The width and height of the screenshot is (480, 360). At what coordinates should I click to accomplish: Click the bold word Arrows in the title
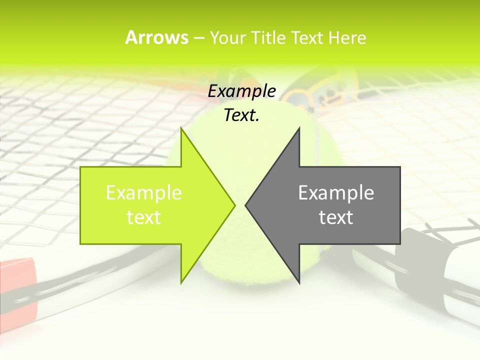(x=156, y=37)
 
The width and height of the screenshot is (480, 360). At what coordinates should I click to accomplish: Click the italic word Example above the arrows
(x=241, y=91)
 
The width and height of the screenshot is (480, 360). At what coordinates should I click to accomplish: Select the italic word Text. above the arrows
(x=241, y=115)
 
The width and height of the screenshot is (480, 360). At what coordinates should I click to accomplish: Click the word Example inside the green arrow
(x=144, y=192)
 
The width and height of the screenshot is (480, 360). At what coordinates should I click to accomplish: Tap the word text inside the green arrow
(x=144, y=217)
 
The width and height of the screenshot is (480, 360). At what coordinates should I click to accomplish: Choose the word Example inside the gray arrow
(x=336, y=192)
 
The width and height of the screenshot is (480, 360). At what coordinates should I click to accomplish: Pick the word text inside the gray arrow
(x=336, y=217)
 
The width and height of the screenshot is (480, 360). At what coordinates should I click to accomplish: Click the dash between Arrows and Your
(x=198, y=38)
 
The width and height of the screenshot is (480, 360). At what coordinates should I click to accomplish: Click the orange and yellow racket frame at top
(x=325, y=92)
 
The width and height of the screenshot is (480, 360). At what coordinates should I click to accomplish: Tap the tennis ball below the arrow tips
(x=240, y=260)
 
